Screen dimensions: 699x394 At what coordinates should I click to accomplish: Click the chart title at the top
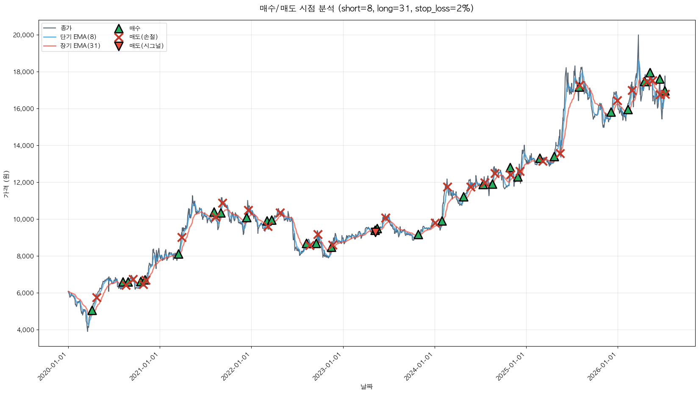point(367,8)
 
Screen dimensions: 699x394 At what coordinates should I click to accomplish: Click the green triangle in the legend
point(119,29)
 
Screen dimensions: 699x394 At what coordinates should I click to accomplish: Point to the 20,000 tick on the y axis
point(23,35)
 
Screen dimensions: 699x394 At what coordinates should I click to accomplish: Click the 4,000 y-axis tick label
point(25,330)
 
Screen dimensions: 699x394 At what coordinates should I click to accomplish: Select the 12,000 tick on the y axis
point(23,183)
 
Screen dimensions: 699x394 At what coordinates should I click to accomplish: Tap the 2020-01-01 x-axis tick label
point(53,366)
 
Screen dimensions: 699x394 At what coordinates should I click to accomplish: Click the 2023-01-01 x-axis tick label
point(327,366)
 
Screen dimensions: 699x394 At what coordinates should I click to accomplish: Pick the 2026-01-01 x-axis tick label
point(602,366)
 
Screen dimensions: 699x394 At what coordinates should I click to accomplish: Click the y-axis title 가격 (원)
point(6,184)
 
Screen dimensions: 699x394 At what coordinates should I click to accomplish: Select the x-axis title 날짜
point(367,387)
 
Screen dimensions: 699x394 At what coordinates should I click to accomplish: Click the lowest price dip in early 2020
point(88,331)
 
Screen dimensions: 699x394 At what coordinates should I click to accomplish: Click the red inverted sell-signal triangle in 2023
point(375,231)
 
